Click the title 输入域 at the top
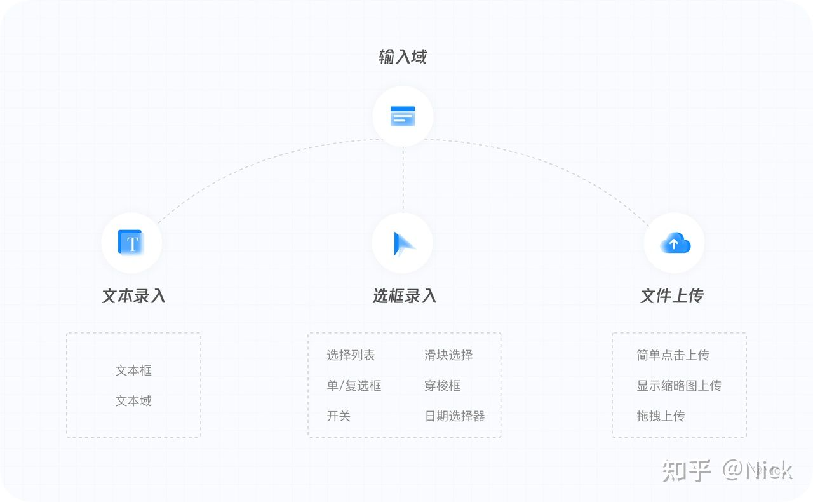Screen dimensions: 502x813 tap(403, 57)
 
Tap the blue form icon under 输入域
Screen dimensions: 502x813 tap(403, 116)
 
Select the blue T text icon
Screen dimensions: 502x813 tap(131, 243)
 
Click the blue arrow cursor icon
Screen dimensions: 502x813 tap(403, 243)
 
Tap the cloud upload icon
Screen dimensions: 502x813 tap(675, 243)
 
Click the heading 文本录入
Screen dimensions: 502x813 tap(134, 296)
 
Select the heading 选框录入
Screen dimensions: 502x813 tap(405, 296)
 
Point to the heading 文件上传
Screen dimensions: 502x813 tap(672, 296)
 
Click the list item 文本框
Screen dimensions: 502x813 tap(133, 370)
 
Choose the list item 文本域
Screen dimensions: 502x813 tap(133, 401)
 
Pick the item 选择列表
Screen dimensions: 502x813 tap(351, 355)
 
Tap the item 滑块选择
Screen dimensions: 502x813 tap(448, 355)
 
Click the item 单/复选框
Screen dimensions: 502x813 tap(354, 386)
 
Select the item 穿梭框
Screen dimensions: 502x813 tap(442, 386)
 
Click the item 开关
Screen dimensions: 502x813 tap(339, 416)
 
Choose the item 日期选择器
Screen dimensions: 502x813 tap(455, 416)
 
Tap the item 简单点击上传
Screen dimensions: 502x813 tap(673, 355)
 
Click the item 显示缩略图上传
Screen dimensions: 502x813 tap(679, 386)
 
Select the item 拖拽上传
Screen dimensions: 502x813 tap(661, 416)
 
